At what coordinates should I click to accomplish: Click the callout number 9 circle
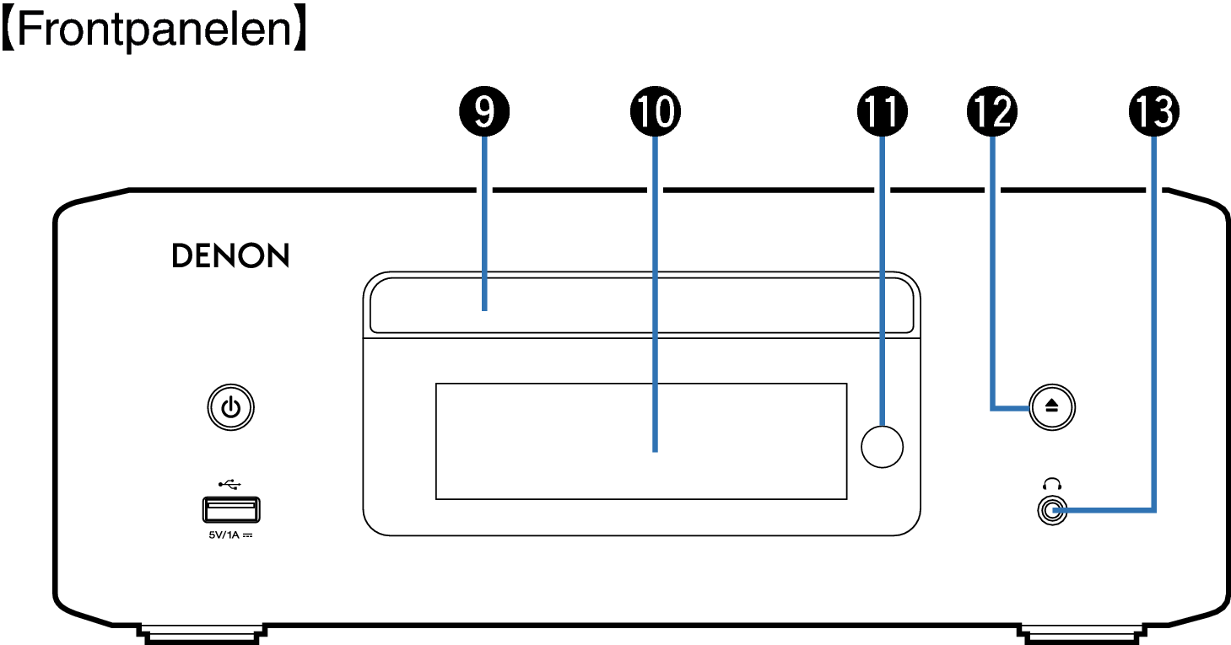point(484,111)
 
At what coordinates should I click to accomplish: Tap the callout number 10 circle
point(655,111)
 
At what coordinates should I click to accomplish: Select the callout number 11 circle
point(882,111)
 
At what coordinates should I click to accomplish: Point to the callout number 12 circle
point(992,111)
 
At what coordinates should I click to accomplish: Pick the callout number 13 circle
point(1154,111)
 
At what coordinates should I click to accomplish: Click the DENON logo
point(231,255)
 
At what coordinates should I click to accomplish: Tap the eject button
point(1052,407)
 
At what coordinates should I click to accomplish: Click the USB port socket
point(231,509)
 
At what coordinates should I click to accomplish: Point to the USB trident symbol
point(229,484)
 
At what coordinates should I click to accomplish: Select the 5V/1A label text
point(230,535)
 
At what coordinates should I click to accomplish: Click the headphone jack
point(1052,511)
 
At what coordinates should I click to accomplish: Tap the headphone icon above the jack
point(1052,484)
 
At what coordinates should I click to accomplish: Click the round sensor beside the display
point(882,447)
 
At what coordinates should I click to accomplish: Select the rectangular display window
point(641,441)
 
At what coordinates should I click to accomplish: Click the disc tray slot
point(642,304)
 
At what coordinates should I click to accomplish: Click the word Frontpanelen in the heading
point(154,30)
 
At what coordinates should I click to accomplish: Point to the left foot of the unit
point(202,635)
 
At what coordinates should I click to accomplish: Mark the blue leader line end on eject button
point(1029,408)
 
